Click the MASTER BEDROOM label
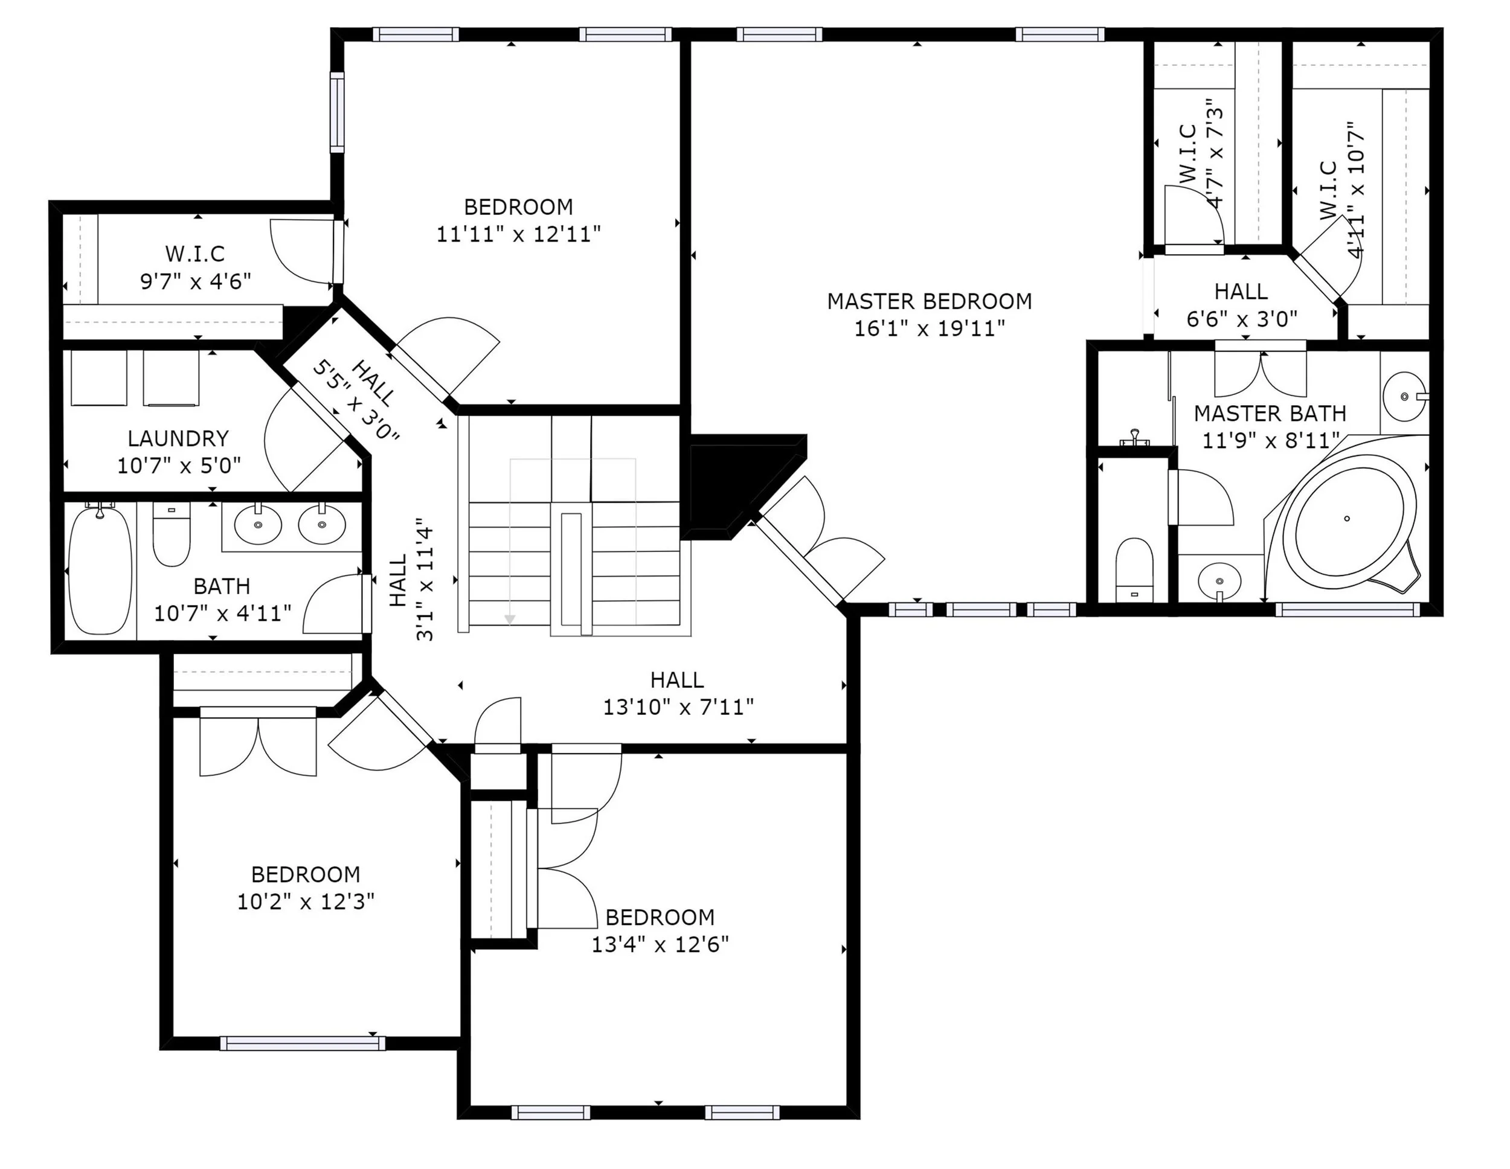click(x=929, y=301)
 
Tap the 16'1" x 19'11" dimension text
click(x=929, y=328)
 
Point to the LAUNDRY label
click(x=178, y=438)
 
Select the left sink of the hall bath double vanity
click(x=258, y=525)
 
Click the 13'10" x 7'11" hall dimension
click(x=678, y=707)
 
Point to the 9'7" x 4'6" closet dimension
click(x=196, y=281)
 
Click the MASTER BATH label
click(x=1270, y=414)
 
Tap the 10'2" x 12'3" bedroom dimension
click(x=306, y=902)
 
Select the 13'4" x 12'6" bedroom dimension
click(x=660, y=944)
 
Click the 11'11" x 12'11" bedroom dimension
click(x=519, y=234)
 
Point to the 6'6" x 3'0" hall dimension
click(x=1242, y=319)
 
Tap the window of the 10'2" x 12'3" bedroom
click(x=303, y=1043)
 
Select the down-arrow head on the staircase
click(x=510, y=620)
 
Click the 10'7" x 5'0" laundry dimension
click(x=179, y=466)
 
